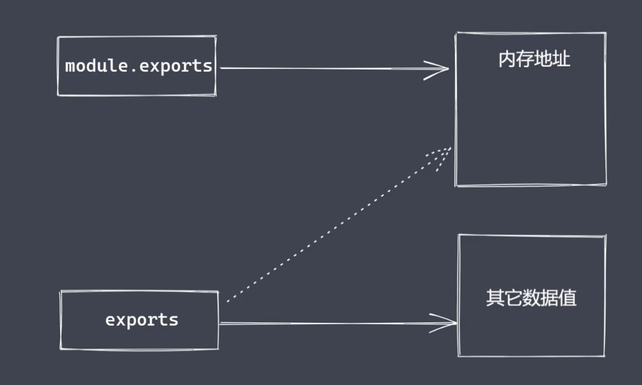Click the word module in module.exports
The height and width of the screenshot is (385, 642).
(x=87, y=66)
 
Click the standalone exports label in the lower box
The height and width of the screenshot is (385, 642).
(x=142, y=320)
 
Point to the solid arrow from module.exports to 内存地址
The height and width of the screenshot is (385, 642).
(x=320, y=69)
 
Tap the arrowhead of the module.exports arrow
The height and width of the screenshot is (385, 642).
(x=439, y=69)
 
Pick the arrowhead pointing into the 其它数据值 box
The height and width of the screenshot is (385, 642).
(x=448, y=323)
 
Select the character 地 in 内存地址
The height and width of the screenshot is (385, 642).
(x=544, y=59)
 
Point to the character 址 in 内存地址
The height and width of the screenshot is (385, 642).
(x=562, y=59)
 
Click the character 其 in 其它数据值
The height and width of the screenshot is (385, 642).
(x=495, y=298)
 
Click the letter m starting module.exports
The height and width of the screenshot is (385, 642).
(x=71, y=67)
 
